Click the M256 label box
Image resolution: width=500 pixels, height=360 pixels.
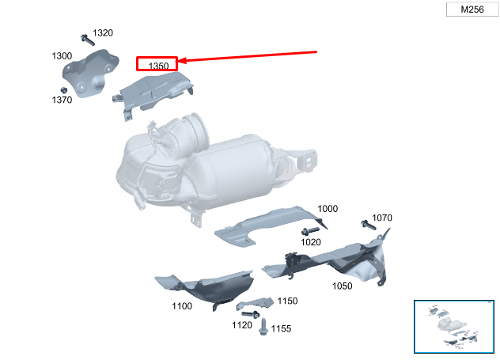click(472, 9)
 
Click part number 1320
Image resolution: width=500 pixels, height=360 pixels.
click(103, 33)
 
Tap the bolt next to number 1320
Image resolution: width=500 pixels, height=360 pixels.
click(87, 40)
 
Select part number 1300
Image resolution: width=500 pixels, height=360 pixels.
click(62, 56)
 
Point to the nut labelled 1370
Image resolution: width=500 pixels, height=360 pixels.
click(64, 90)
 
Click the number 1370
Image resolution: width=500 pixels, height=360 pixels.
click(62, 100)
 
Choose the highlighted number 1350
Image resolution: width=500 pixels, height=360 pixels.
click(158, 66)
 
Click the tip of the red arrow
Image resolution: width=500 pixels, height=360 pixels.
click(178, 61)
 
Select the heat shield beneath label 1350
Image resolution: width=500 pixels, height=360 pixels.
click(153, 92)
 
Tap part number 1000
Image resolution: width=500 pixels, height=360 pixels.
click(328, 209)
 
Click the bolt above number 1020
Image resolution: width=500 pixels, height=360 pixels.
click(310, 231)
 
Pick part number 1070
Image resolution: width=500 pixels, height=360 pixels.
click(382, 218)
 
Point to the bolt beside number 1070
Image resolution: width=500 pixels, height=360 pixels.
click(369, 225)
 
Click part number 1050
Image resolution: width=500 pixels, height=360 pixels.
click(342, 286)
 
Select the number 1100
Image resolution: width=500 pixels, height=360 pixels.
click(182, 306)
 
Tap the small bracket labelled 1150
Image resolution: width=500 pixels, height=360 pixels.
click(255, 303)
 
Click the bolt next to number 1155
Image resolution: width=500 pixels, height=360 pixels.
click(263, 327)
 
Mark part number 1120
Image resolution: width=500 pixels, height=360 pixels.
click(242, 325)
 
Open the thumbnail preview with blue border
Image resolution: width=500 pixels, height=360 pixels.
click(454, 327)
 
